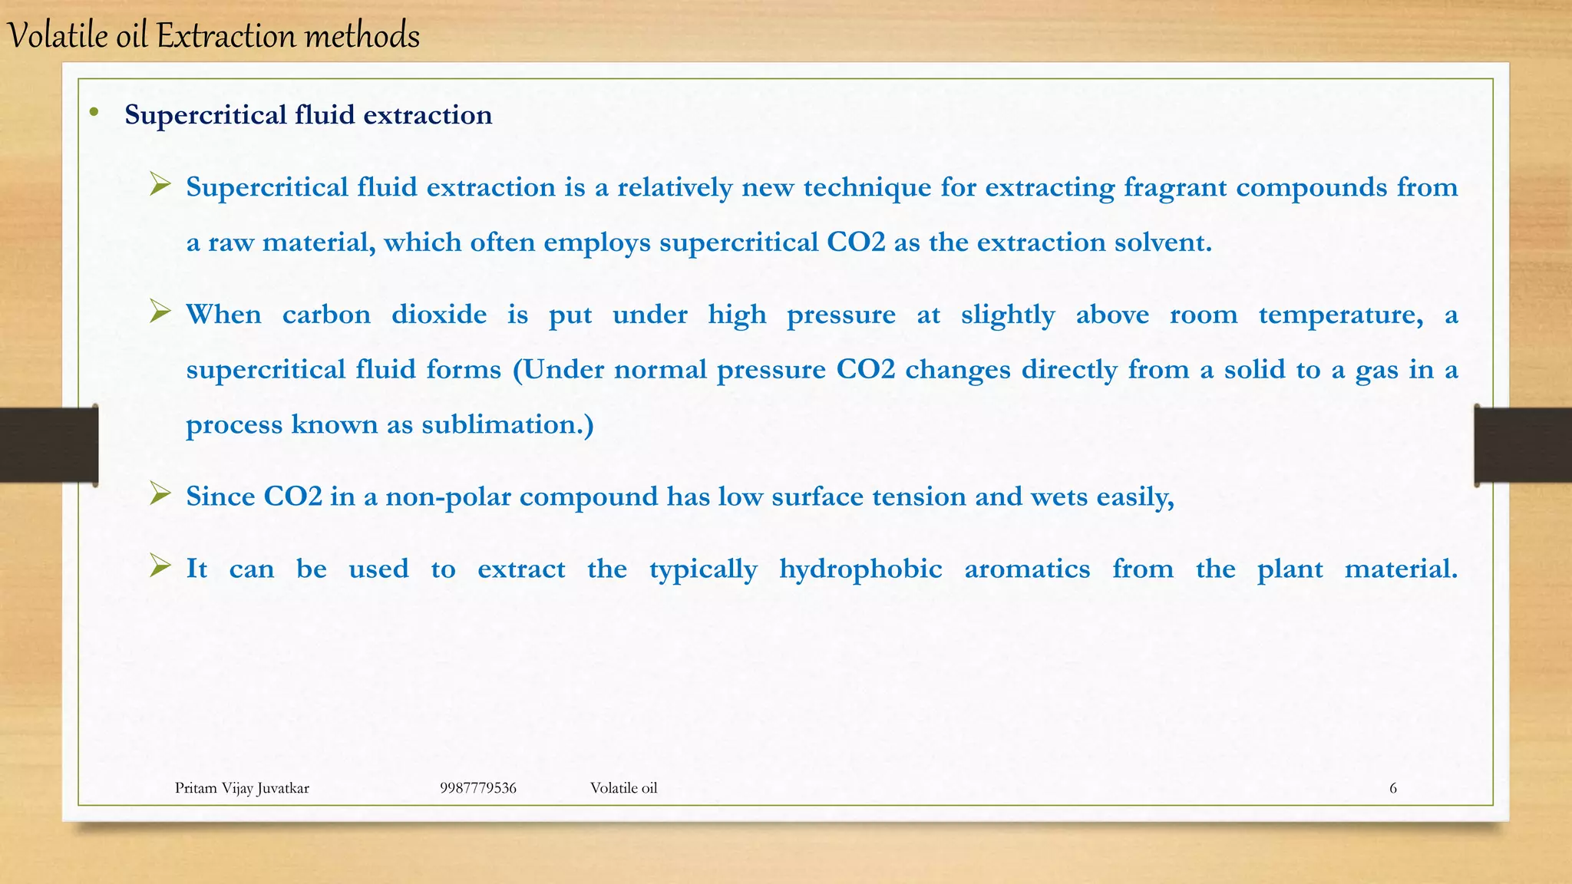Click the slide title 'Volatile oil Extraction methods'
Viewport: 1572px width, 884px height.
pyautogui.click(x=213, y=36)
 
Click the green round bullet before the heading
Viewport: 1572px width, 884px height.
pyautogui.click(x=94, y=113)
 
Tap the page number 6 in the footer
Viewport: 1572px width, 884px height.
pyautogui.click(x=1392, y=788)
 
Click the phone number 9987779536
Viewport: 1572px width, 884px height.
pyautogui.click(x=477, y=788)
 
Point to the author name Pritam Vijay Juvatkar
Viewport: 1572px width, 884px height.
pyautogui.click(x=242, y=788)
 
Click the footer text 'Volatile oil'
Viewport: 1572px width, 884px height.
pyautogui.click(x=623, y=788)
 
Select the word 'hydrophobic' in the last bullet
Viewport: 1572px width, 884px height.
pyautogui.click(x=860, y=569)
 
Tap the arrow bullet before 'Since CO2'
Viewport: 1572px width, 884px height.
pyautogui.click(x=160, y=493)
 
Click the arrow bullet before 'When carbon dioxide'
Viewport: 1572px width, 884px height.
pyautogui.click(x=160, y=311)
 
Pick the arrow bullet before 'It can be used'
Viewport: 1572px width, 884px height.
pyautogui.click(x=160, y=566)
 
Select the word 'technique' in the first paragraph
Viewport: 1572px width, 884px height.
pyautogui.click(x=867, y=188)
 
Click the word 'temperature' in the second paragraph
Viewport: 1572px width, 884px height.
pyautogui.click(x=1340, y=315)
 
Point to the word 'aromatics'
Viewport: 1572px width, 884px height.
pyautogui.click(x=1027, y=569)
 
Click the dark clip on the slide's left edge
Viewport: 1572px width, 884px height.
pyautogui.click(x=48, y=445)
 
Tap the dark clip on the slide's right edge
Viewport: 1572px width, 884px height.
pyautogui.click(x=1523, y=445)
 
